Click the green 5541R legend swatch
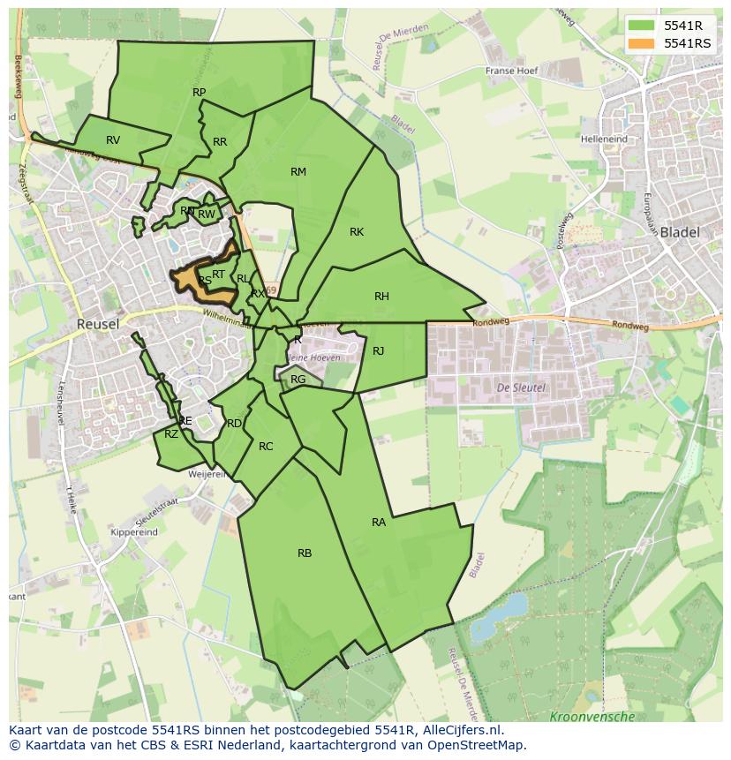coord(642,26)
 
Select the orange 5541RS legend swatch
coord(642,43)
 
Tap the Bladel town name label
coord(679,232)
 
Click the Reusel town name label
coord(97,324)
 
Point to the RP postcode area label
coord(200,93)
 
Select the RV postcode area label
coord(113,140)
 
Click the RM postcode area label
coord(298,172)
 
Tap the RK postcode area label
coord(357,232)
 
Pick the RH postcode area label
coord(381,297)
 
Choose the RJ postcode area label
coord(379,351)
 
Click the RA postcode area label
coord(379,523)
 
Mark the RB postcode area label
coord(305,553)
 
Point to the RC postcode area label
coord(266,447)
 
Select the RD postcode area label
coord(234,424)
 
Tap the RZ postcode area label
coord(171,433)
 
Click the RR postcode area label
coord(220,142)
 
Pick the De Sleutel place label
coord(521,388)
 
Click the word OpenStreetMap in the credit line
coord(480,745)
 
